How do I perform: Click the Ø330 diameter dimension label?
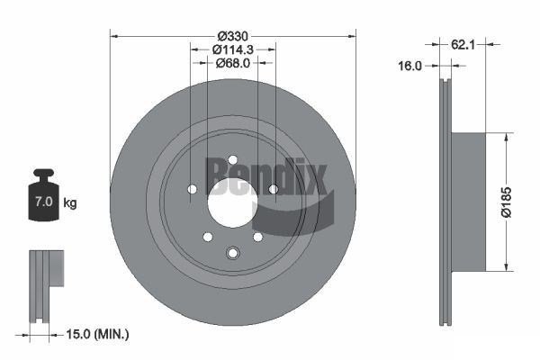click(x=233, y=36)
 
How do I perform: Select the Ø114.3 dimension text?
click(x=233, y=49)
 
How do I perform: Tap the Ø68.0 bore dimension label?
click(x=233, y=63)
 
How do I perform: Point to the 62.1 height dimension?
click(x=463, y=44)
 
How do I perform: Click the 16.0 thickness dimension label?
click(x=409, y=66)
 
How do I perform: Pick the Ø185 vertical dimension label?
click(x=506, y=202)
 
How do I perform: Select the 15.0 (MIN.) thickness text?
click(x=97, y=334)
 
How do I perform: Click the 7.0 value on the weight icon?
click(x=44, y=202)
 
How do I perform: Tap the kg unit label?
click(x=70, y=202)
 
